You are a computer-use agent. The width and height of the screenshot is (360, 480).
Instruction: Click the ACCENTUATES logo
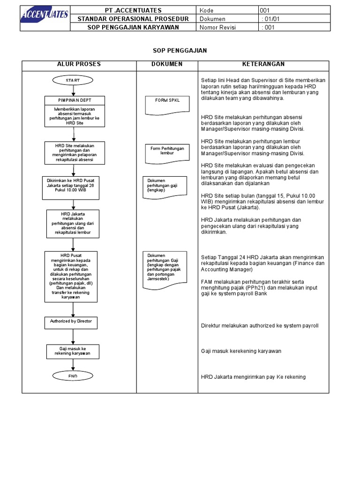click(x=45, y=18)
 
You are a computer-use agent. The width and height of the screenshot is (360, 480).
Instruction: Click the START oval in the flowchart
click(x=73, y=81)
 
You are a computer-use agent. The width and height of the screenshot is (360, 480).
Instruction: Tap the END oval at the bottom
click(x=73, y=376)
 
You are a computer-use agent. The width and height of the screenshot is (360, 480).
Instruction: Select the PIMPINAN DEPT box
click(x=75, y=100)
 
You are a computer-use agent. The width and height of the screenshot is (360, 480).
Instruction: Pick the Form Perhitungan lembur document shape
click(x=167, y=151)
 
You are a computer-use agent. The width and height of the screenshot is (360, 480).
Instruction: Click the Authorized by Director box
click(x=71, y=322)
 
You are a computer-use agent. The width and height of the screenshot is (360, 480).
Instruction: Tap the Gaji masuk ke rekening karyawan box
click(x=73, y=352)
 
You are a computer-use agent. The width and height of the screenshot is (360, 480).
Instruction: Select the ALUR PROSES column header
click(x=79, y=64)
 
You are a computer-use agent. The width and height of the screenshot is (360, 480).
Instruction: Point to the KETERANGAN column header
click(x=263, y=64)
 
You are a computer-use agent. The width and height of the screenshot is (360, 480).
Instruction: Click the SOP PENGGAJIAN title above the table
click(x=173, y=51)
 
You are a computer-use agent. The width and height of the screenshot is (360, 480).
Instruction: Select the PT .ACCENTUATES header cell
click(x=133, y=10)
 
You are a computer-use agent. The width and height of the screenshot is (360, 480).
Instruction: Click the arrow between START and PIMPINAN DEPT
click(x=73, y=90)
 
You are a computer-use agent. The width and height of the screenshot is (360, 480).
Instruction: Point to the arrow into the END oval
click(x=73, y=365)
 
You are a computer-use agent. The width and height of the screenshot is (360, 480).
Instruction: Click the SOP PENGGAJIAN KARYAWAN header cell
click(x=133, y=27)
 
